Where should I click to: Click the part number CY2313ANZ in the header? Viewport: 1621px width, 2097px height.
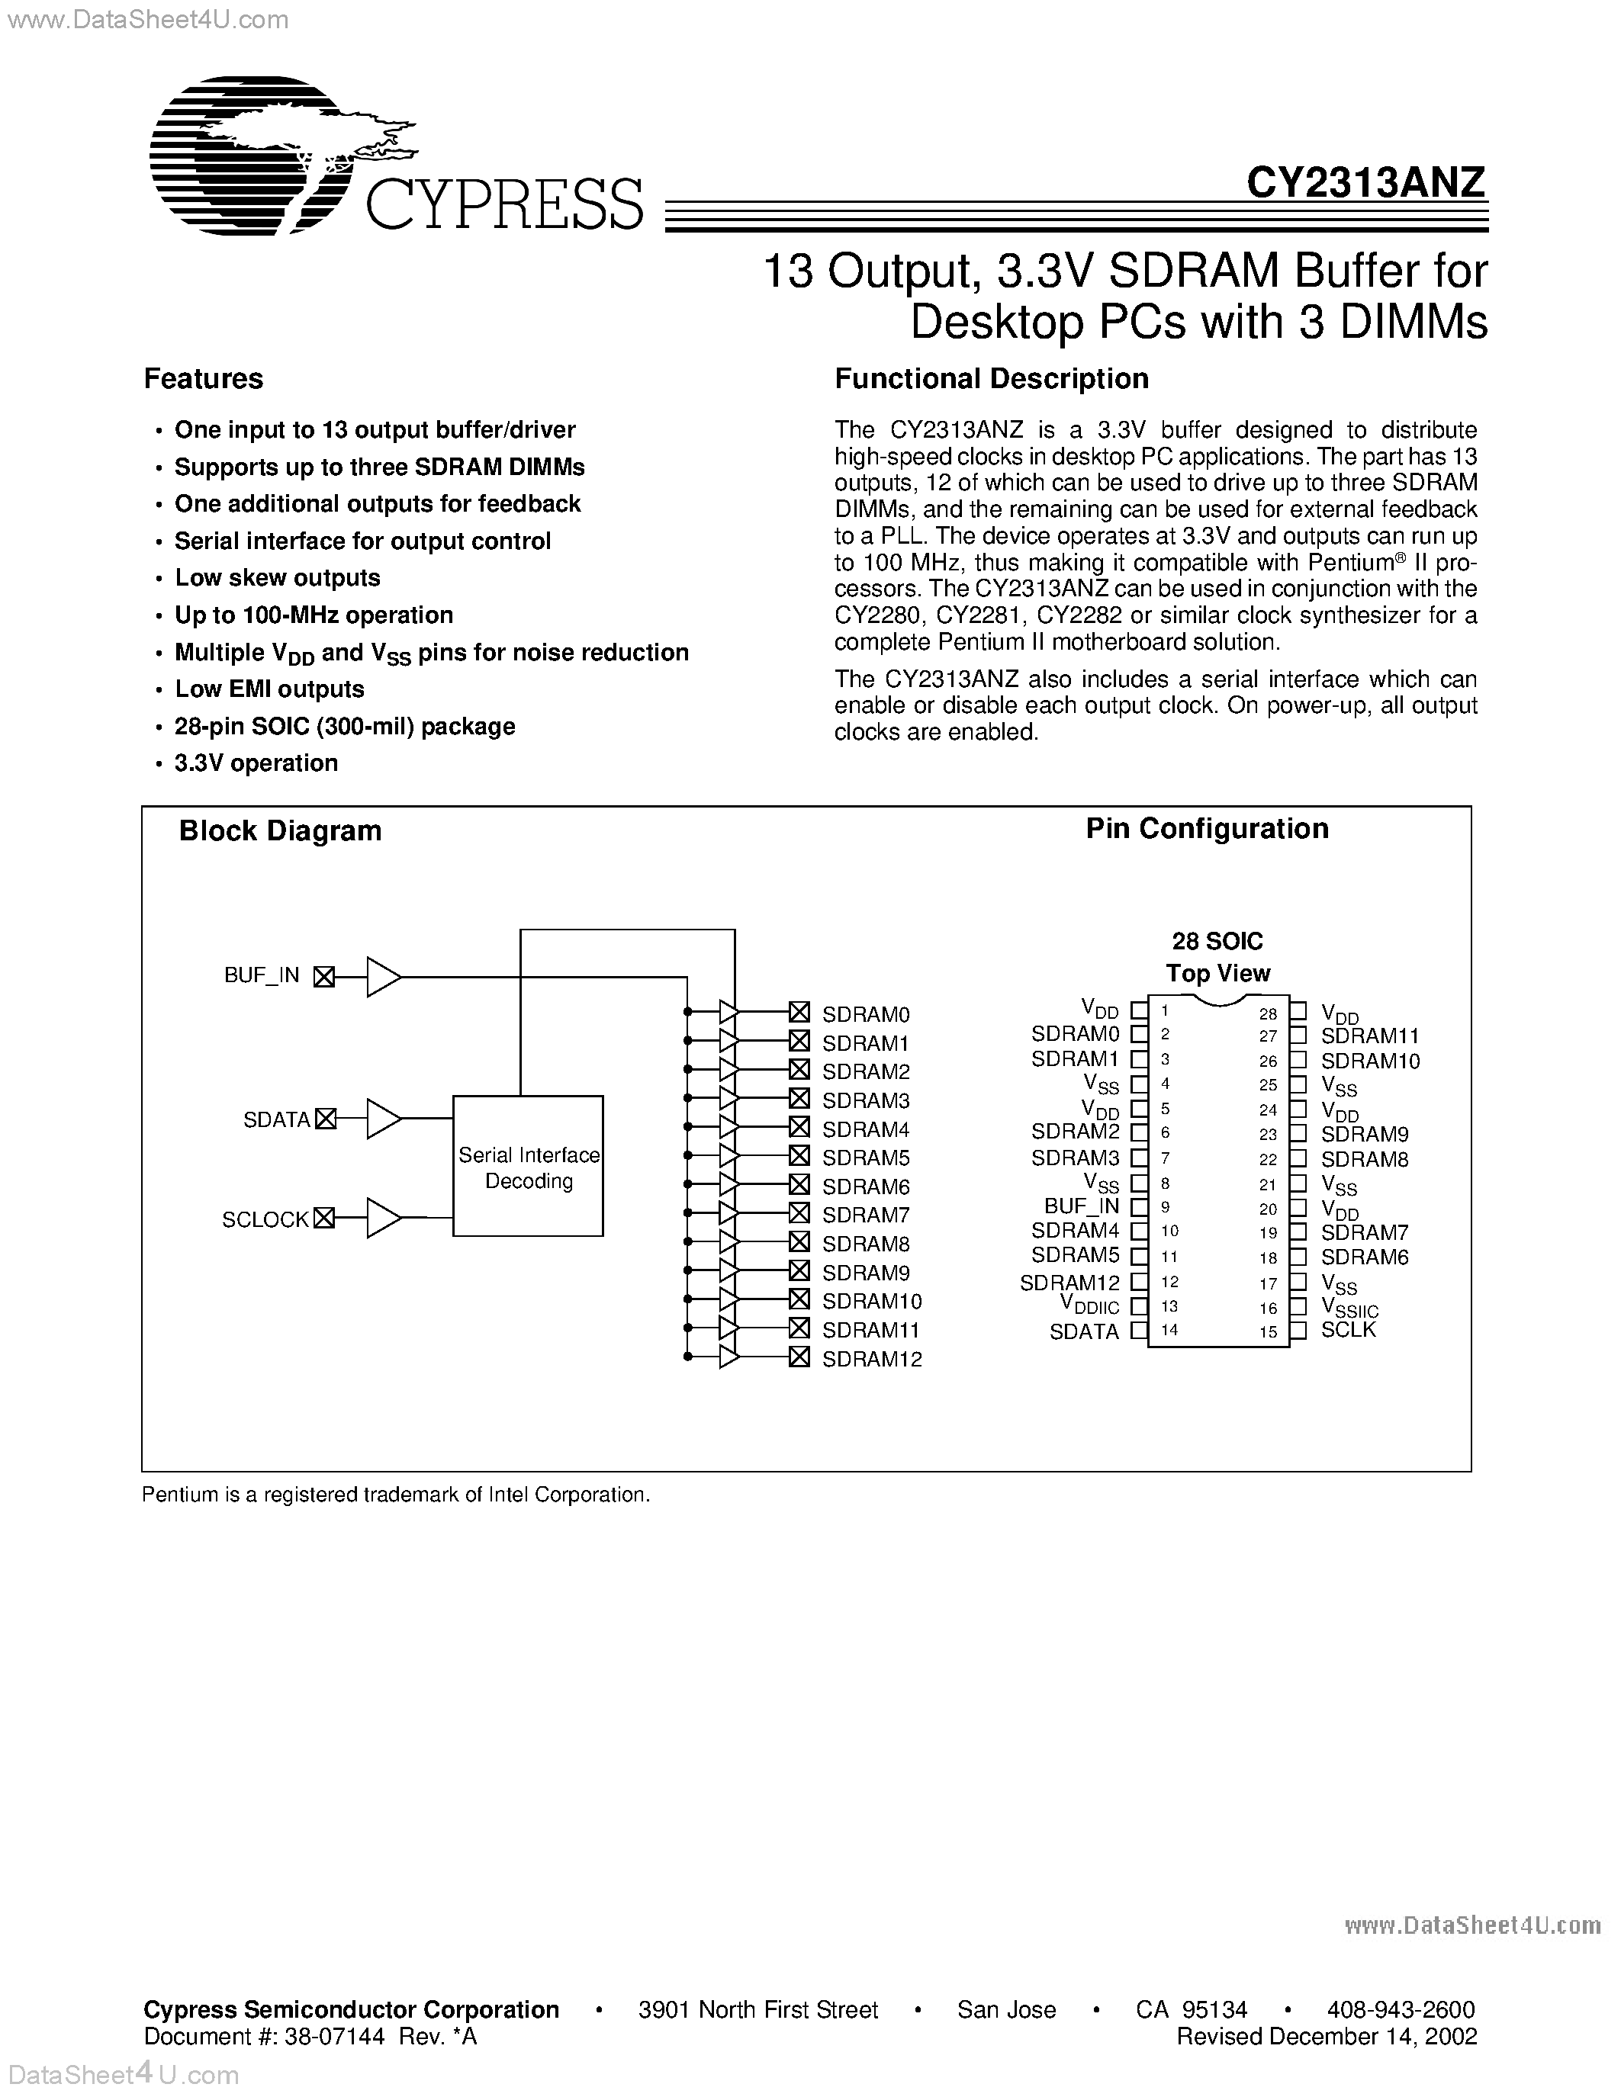coord(1365,181)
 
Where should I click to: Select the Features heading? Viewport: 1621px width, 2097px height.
coord(204,378)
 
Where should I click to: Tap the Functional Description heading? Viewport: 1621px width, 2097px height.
coord(991,378)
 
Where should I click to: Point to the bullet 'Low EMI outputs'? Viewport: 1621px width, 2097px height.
coord(269,689)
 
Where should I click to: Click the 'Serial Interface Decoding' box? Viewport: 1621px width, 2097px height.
coord(528,1167)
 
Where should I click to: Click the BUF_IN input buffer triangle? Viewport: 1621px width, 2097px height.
coord(383,977)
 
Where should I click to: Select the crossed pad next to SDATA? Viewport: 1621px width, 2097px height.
coord(326,1119)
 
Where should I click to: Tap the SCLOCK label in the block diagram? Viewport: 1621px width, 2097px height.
coord(265,1219)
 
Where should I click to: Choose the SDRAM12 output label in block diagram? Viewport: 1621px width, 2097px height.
coord(872,1359)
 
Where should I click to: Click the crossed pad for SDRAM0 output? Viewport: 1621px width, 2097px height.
coord(799,1012)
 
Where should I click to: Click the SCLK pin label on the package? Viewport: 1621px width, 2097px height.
coord(1348,1330)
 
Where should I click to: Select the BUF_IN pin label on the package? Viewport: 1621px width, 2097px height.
coord(1082,1206)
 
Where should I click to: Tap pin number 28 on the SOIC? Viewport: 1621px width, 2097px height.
coord(1268,1013)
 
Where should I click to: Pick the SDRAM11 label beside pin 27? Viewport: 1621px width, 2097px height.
coord(1369,1036)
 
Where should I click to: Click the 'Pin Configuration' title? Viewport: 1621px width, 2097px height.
coord(1207,829)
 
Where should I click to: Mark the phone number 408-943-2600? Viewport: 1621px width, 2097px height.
coord(1401,2009)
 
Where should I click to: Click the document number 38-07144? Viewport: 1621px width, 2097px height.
coord(334,2037)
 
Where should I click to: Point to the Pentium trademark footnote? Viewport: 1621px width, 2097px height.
coord(396,1495)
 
